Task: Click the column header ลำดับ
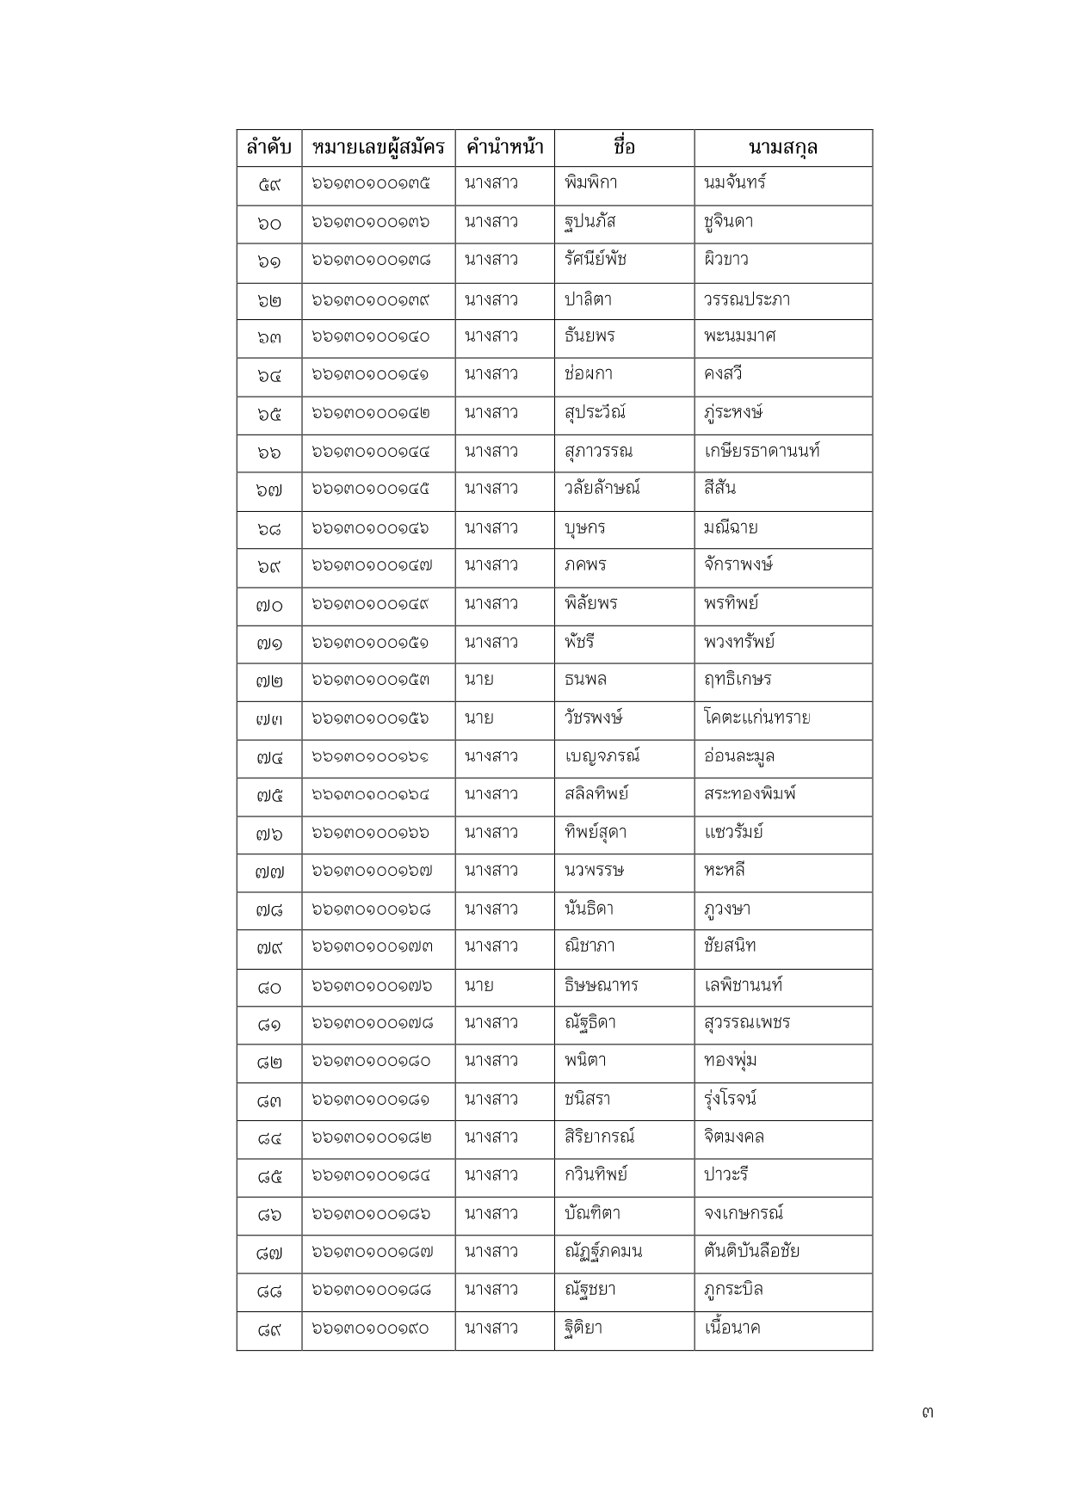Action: tap(269, 148)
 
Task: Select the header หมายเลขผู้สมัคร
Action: tap(378, 148)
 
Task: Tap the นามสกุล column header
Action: tap(782, 148)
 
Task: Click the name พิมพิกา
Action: tap(590, 183)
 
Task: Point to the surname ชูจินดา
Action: tap(728, 222)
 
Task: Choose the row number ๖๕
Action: tap(269, 414)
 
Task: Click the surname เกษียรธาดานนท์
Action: tap(761, 451)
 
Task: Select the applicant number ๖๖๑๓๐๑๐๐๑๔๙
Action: tap(370, 604)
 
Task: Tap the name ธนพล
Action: tap(585, 680)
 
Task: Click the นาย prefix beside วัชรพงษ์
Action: tap(478, 718)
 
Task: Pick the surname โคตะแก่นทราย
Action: tap(756, 718)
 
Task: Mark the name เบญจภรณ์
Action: tap(602, 756)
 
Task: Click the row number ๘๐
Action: tap(269, 988)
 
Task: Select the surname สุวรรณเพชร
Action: tap(746, 1023)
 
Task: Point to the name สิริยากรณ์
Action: tap(599, 1137)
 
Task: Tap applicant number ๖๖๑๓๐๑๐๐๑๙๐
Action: tap(370, 1329)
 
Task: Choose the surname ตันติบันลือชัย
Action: tap(751, 1251)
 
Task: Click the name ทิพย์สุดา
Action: tap(596, 833)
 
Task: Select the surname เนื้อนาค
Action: tap(732, 1328)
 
